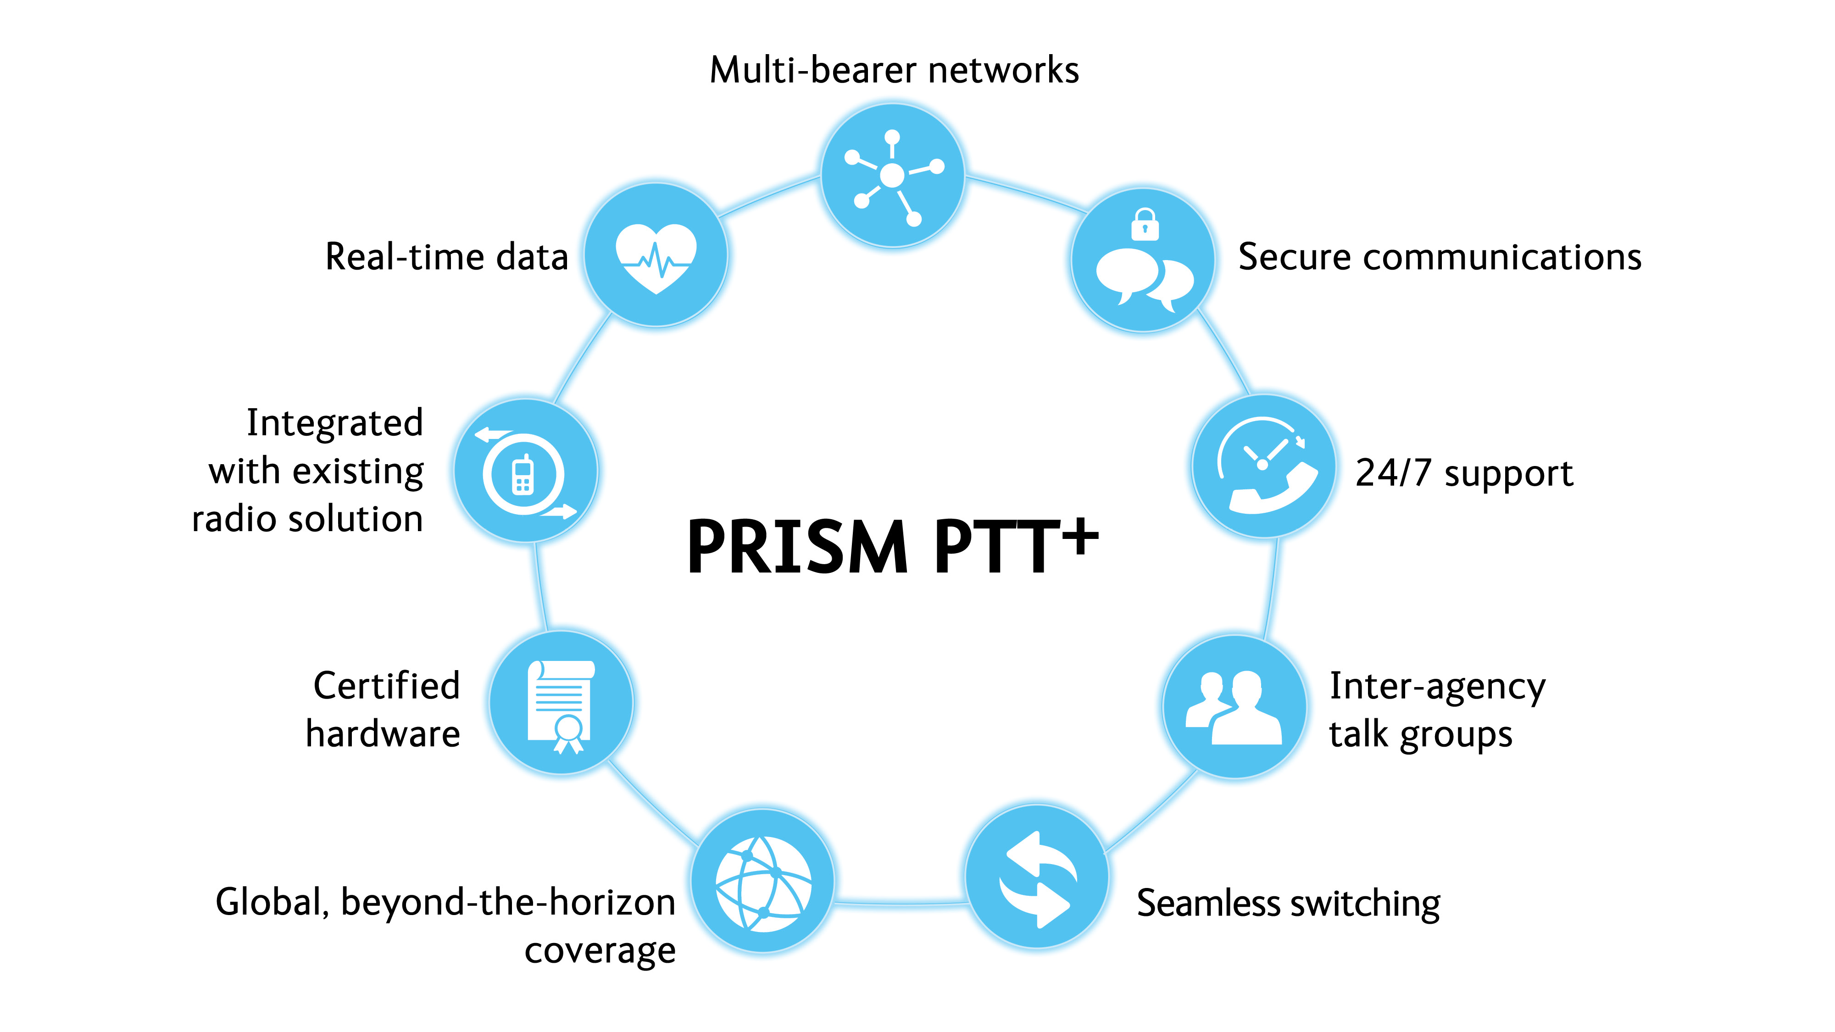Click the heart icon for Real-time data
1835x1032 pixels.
point(656,258)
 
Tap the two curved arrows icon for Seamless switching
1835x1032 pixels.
point(1037,879)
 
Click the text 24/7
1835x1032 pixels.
point(1393,472)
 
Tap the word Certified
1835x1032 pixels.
point(387,685)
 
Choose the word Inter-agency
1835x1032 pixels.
point(1437,687)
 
